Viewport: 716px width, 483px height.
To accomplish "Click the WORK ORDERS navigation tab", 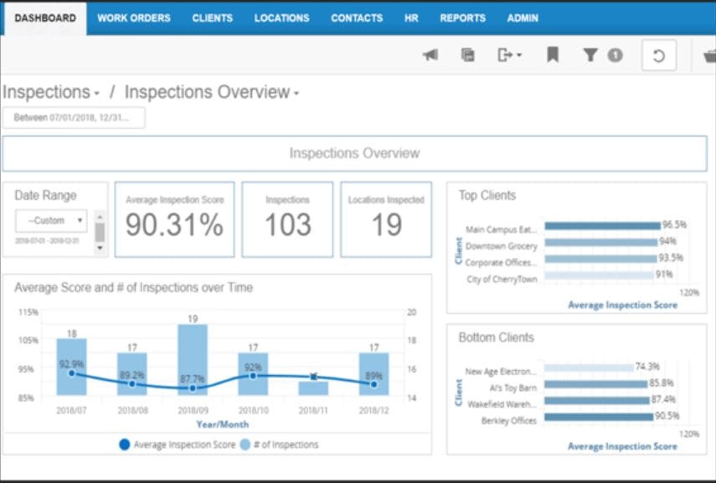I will coord(133,18).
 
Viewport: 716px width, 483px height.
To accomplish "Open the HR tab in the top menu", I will coord(411,18).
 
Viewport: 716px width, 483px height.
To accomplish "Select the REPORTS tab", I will coord(462,18).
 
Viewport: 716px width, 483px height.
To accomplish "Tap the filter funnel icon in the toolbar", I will coord(590,55).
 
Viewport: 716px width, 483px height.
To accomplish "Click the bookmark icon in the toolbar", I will coord(553,55).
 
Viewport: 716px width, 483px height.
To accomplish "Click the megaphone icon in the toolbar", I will coord(430,55).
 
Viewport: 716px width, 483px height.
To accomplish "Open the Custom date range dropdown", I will coord(51,221).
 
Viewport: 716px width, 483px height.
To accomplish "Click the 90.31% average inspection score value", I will coord(174,224).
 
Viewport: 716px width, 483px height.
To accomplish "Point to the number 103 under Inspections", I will coord(287,224).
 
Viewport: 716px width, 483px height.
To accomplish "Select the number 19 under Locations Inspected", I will coord(386,224).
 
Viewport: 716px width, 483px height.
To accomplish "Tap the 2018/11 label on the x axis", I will coord(313,411).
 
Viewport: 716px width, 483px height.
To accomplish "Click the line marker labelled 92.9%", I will coord(71,373).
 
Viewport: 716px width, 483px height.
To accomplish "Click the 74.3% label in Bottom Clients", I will coord(647,367).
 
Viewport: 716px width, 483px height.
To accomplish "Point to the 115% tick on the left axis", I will coord(28,311).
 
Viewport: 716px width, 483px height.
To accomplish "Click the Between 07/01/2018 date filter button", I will coord(74,118).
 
